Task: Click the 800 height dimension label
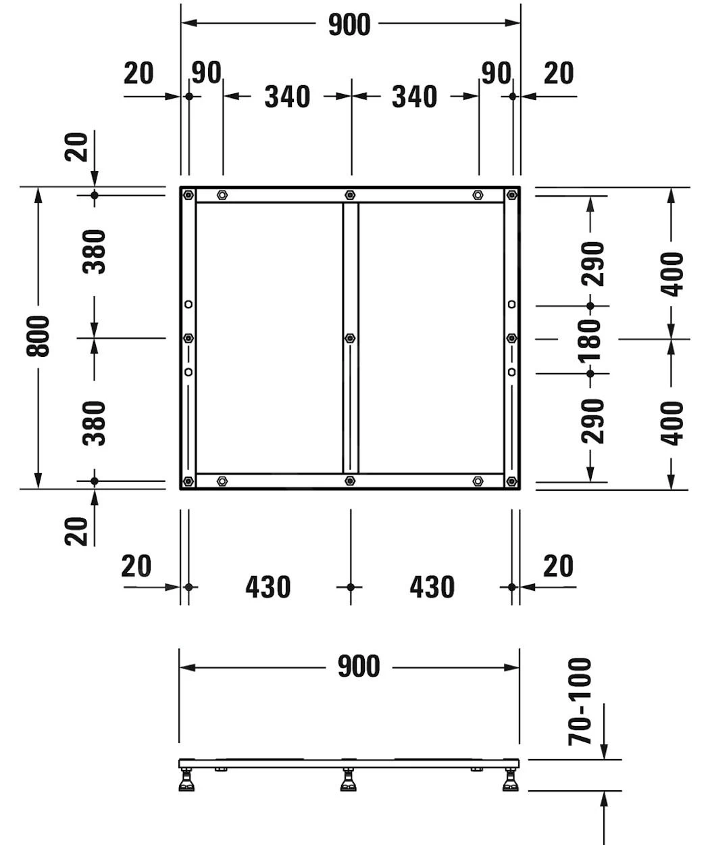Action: (38, 336)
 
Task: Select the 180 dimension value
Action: (590, 340)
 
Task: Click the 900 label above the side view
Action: (359, 667)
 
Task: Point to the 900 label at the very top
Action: (349, 25)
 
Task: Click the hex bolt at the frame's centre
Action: (351, 338)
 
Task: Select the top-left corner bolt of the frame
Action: (188, 195)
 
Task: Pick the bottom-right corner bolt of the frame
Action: (512, 481)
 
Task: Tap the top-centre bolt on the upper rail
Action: (351, 195)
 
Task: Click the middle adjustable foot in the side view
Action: (349, 779)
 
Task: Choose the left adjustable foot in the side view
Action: (186, 779)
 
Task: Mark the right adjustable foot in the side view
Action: (511, 779)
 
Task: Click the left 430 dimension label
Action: (268, 587)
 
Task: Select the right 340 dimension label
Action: (415, 97)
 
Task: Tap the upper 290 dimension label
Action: (592, 264)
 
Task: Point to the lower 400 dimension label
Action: (672, 424)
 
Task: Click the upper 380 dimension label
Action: (94, 251)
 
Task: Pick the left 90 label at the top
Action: (206, 73)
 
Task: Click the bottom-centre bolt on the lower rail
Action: (351, 481)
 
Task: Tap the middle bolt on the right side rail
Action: (512, 338)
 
